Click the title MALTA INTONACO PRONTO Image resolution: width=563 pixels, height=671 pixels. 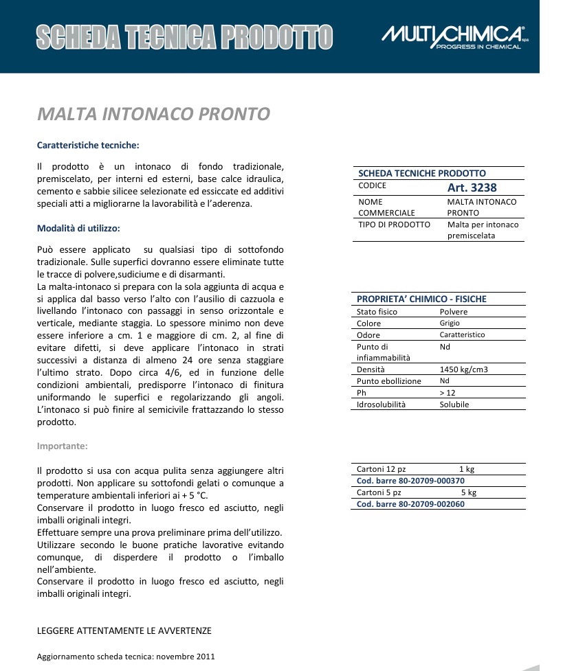click(153, 114)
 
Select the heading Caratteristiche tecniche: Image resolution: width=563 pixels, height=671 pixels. click(88, 146)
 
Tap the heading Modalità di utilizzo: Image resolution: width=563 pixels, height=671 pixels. click(78, 228)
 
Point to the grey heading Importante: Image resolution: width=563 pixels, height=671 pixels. click(62, 446)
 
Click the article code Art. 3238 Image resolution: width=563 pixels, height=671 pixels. click(472, 187)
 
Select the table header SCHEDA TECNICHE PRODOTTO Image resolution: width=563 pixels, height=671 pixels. click(422, 174)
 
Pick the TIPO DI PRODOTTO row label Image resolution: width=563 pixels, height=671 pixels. click(395, 225)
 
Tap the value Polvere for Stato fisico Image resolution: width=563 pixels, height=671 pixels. click(454, 312)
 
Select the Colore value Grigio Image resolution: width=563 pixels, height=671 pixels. click(450, 323)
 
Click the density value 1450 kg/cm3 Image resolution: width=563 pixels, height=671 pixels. click(464, 369)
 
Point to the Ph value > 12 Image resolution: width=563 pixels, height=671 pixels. click(448, 393)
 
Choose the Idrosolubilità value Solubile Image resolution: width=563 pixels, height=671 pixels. click(454, 405)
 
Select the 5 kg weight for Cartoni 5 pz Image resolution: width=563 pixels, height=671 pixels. click(468, 492)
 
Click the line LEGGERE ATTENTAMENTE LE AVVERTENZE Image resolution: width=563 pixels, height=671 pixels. click(124, 630)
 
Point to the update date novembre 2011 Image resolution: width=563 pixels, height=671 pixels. click(186, 657)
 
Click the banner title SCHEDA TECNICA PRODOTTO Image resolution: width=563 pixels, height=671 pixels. click(184, 37)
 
